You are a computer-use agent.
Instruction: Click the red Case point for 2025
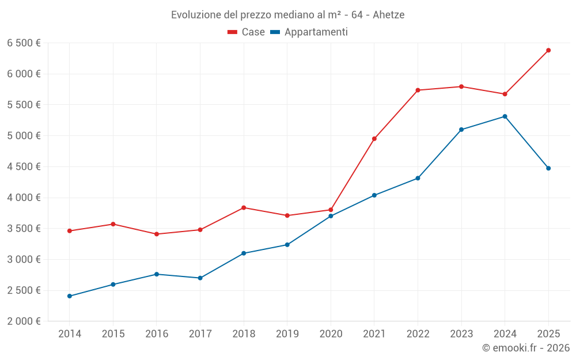548,50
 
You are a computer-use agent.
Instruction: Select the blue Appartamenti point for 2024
505,116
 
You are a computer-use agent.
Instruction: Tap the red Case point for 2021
374,139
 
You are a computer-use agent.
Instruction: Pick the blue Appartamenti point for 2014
70,296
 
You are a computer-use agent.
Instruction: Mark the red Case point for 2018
244,207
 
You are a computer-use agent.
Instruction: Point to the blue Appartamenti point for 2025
548,168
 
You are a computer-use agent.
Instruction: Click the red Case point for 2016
157,234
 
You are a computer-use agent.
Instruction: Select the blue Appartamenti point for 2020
331,216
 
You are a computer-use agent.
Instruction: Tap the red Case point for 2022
418,90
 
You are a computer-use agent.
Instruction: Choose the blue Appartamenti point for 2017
200,278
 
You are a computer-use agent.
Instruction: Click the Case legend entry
247,32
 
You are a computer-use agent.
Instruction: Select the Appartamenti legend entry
309,32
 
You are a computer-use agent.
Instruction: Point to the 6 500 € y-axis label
24,43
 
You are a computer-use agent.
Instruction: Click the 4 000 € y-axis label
24,198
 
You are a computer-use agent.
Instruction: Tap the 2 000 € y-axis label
24,321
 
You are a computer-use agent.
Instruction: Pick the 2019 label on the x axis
287,334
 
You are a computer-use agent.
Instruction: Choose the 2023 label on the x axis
461,334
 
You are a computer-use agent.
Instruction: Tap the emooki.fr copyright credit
526,348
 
